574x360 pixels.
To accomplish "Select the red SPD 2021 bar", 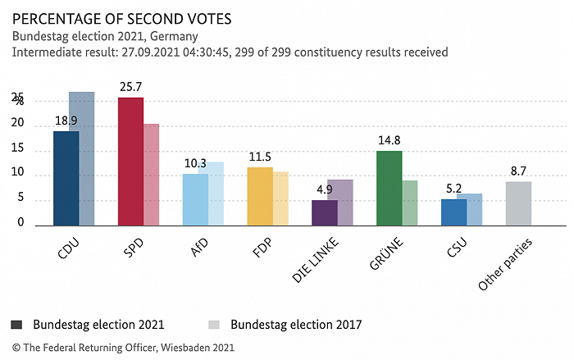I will [x=130, y=161].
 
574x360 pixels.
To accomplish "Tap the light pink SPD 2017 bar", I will [x=152, y=174].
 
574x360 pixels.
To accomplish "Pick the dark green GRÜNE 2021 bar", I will [x=389, y=187].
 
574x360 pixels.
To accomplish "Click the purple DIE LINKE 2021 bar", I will [x=324, y=212].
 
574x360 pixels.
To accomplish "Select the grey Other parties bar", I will [x=518, y=203].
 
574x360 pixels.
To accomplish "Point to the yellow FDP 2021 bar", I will [x=260, y=195].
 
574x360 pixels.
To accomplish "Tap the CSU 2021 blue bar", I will [x=453, y=212].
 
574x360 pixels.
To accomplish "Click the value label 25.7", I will [x=130, y=86].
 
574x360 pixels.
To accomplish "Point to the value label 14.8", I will [x=389, y=140].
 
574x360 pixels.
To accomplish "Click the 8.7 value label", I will [x=518, y=171].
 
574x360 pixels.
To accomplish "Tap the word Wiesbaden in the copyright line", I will [x=189, y=348].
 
